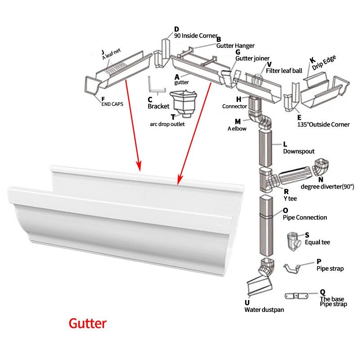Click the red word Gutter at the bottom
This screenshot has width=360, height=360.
[x=87, y=323]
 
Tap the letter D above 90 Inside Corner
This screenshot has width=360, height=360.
[x=177, y=30]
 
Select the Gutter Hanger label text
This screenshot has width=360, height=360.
[x=235, y=45]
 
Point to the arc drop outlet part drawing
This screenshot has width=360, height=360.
[x=181, y=102]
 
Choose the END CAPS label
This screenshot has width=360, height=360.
[x=112, y=103]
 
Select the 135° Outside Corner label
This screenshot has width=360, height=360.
[x=323, y=124]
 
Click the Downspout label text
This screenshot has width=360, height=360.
[x=298, y=152]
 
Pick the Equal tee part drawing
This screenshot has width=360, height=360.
[x=295, y=243]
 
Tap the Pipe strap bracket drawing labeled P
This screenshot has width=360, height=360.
[x=297, y=268]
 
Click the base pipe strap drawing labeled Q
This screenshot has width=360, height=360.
[x=297, y=297]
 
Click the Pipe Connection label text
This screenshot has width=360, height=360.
[x=305, y=217]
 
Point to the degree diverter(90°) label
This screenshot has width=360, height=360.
[x=327, y=186]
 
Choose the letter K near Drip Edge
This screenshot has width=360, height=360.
[x=312, y=60]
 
